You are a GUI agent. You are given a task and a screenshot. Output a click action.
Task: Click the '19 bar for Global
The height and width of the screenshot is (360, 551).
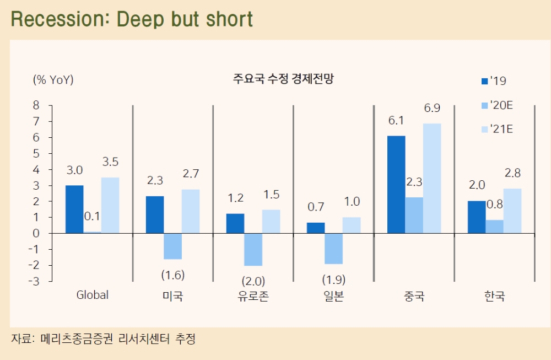click(x=74, y=209)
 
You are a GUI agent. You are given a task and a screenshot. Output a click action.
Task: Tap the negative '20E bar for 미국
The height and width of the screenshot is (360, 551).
click(x=173, y=246)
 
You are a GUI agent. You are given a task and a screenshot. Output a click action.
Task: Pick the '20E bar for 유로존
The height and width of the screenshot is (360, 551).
click(x=253, y=249)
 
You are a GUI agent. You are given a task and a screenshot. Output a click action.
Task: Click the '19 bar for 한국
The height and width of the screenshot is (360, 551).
click(x=477, y=217)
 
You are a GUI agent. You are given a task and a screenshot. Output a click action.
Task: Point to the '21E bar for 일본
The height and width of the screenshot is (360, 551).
click(x=352, y=225)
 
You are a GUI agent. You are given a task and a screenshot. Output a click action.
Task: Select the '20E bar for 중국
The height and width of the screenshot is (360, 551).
click(x=414, y=215)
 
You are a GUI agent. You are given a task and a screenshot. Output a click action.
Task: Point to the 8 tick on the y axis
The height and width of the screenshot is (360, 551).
click(x=36, y=105)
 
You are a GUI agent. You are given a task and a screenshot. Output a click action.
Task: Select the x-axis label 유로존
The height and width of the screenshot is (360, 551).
click(x=253, y=297)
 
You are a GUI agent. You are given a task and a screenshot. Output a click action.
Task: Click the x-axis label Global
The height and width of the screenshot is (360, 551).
click(x=92, y=295)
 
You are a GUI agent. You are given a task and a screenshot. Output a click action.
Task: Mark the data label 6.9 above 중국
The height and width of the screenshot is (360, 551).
click(x=432, y=108)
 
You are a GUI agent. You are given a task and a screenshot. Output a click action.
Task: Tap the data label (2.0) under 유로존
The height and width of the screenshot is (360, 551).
click(x=253, y=280)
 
